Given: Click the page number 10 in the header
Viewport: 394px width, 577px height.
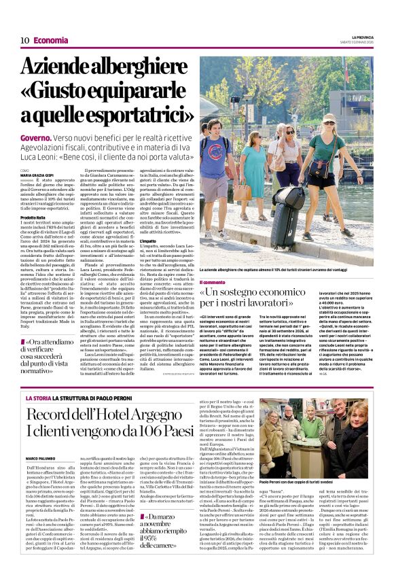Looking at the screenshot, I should pos(24,41).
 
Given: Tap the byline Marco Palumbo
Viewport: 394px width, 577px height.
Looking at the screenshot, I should pos(39,458).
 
